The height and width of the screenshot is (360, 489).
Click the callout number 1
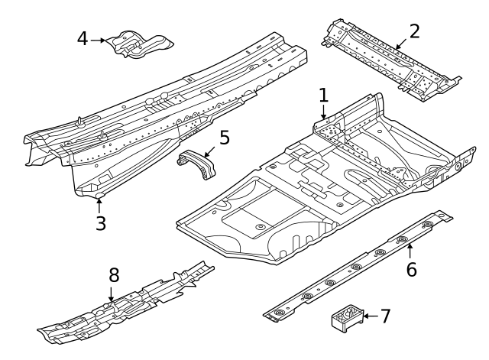coord(324,95)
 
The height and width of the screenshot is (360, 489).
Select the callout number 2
coord(414,31)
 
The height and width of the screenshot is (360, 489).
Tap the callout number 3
coord(101,223)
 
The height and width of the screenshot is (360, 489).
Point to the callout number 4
coord(83,39)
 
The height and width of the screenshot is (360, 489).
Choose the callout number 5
coord(225,138)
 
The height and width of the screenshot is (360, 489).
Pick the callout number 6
coord(411,269)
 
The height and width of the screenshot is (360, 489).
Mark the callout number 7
coord(385,316)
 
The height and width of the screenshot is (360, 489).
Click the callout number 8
coord(114,275)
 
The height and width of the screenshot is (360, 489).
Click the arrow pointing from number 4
coord(98,41)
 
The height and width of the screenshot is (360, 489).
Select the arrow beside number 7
coord(371,316)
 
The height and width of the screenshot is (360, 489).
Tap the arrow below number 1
coord(324,112)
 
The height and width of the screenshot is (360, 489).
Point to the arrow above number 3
coord(99,206)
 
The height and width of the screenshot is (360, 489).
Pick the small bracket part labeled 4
coord(139,44)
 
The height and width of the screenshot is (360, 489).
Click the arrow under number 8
coord(112,294)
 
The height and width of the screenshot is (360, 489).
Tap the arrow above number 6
coord(410,251)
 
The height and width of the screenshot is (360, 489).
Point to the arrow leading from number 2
coord(401,44)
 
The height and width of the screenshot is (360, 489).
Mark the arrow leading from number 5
coord(210,151)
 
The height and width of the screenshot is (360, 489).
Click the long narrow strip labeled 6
coord(358,266)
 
